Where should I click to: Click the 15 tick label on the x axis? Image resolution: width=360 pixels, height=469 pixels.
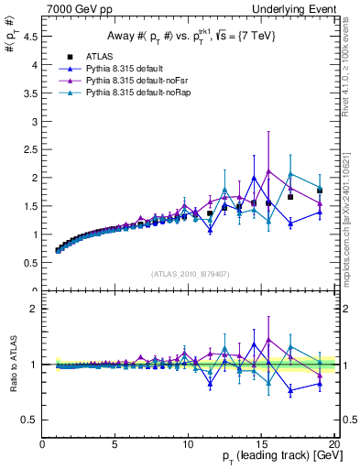(x=261, y=444)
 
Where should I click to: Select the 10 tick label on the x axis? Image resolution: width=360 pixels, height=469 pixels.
(x=188, y=444)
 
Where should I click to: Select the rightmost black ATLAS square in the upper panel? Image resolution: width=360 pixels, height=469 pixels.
(x=320, y=191)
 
